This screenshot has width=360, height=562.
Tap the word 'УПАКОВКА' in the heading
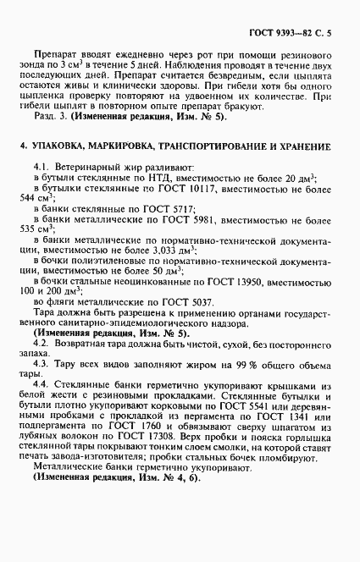point(62,147)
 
